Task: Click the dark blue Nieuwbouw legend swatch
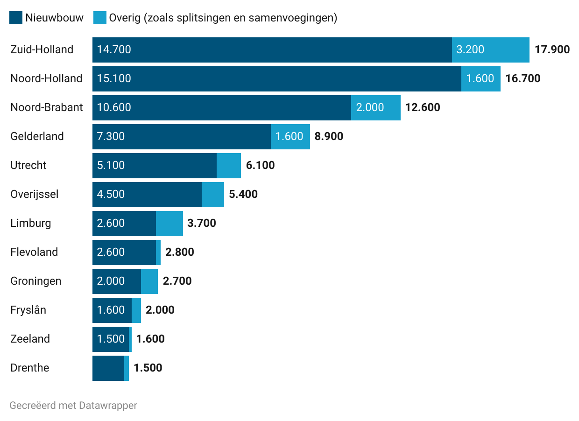tap(16, 18)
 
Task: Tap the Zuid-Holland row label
tap(42, 49)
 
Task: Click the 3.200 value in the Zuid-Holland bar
tap(470, 49)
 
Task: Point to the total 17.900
tap(552, 49)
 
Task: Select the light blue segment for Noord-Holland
tap(480, 78)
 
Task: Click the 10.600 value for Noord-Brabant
tap(114, 107)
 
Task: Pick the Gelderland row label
tap(37, 136)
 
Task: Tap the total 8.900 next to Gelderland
tap(329, 136)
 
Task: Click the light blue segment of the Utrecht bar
tap(229, 165)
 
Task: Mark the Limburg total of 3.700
tap(201, 223)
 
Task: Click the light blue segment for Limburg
tap(169, 223)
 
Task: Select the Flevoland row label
tap(34, 252)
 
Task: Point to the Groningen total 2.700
tap(177, 281)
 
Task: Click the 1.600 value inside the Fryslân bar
tap(111, 310)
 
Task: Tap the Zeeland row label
tap(30, 339)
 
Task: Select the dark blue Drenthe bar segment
tap(108, 368)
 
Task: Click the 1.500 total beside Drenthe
tap(148, 368)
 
